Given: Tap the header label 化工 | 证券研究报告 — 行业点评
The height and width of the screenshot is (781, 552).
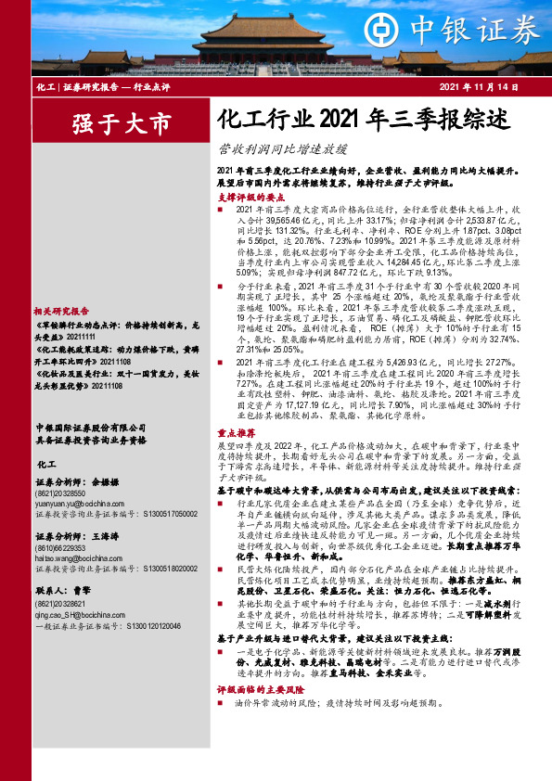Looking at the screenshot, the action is pos(95,86).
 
